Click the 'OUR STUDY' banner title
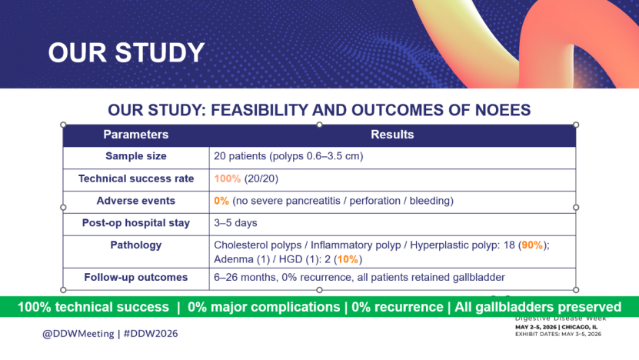pos(126,52)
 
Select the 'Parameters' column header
pos(135,135)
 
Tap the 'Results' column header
pos(392,135)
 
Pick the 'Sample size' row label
pos(135,156)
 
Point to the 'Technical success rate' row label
pos(135,178)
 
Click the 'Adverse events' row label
pos(135,201)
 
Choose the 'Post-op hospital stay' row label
pos(135,223)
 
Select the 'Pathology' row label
pos(135,245)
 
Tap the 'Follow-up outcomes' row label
pos(135,277)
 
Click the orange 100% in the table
pos(228,178)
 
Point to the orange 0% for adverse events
pos(221,201)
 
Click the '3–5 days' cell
pos(235,223)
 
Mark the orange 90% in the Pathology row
pos(532,245)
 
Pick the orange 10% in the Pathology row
pos(348,259)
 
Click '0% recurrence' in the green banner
pos(398,307)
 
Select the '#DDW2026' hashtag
pos(151,334)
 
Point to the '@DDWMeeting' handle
pos(78,334)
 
